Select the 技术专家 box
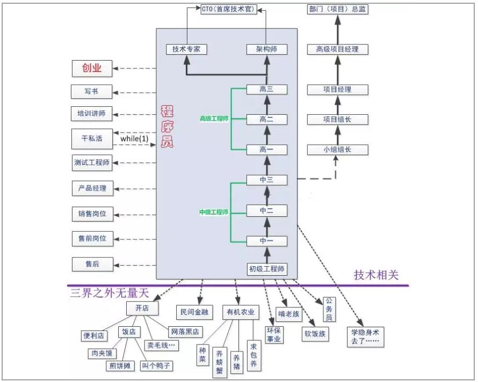[x=186, y=49]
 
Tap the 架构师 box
[x=267, y=49]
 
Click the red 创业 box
[x=92, y=68]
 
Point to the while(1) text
[x=134, y=138]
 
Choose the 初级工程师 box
[x=266, y=268]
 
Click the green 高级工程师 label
[x=214, y=119]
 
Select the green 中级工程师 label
[x=214, y=212]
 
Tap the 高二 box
[x=266, y=119]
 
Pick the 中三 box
[x=266, y=180]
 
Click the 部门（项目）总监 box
[x=338, y=9]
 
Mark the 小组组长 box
[x=337, y=150]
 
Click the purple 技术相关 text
[x=376, y=275]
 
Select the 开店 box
[x=142, y=308]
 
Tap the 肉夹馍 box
[x=102, y=354]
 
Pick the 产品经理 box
[x=92, y=188]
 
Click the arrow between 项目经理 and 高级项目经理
[x=337, y=69]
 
